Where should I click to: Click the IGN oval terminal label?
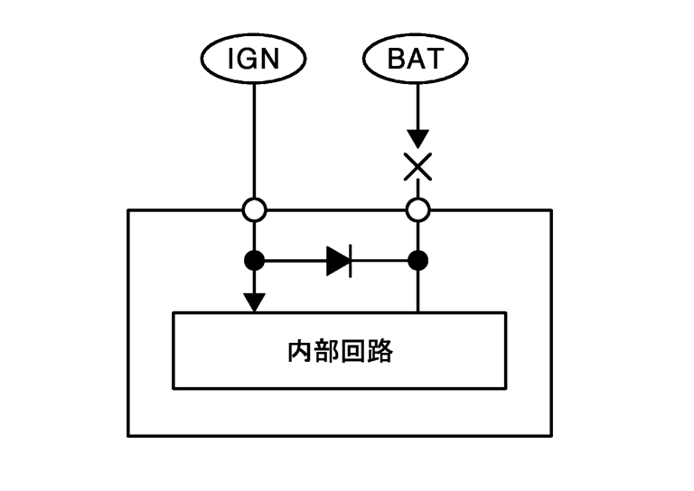coord(254,60)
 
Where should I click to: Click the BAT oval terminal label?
coord(417,60)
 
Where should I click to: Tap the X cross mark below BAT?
coord(417,167)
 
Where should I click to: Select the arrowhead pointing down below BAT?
coord(417,138)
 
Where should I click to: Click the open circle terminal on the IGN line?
coord(255,210)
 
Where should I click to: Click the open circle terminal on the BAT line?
coord(417,210)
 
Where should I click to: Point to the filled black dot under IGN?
coord(255,262)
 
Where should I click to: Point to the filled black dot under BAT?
coord(417,262)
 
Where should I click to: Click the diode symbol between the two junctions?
coord(339,262)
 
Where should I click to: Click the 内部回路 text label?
coord(339,351)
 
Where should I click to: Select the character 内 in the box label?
coord(299,351)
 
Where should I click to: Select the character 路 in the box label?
coord(380,351)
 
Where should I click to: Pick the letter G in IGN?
coord(253,60)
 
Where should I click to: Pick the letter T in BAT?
coord(435,60)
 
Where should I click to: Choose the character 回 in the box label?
coord(353,351)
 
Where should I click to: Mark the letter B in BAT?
coord(398,60)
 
